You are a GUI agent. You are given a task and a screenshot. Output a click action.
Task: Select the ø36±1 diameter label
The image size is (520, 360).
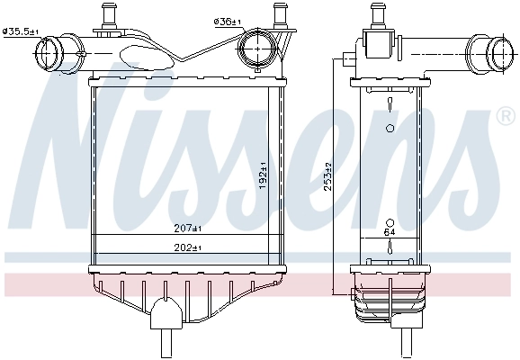(227, 21)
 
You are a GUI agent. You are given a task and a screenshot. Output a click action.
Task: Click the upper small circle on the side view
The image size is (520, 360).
(390, 129)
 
